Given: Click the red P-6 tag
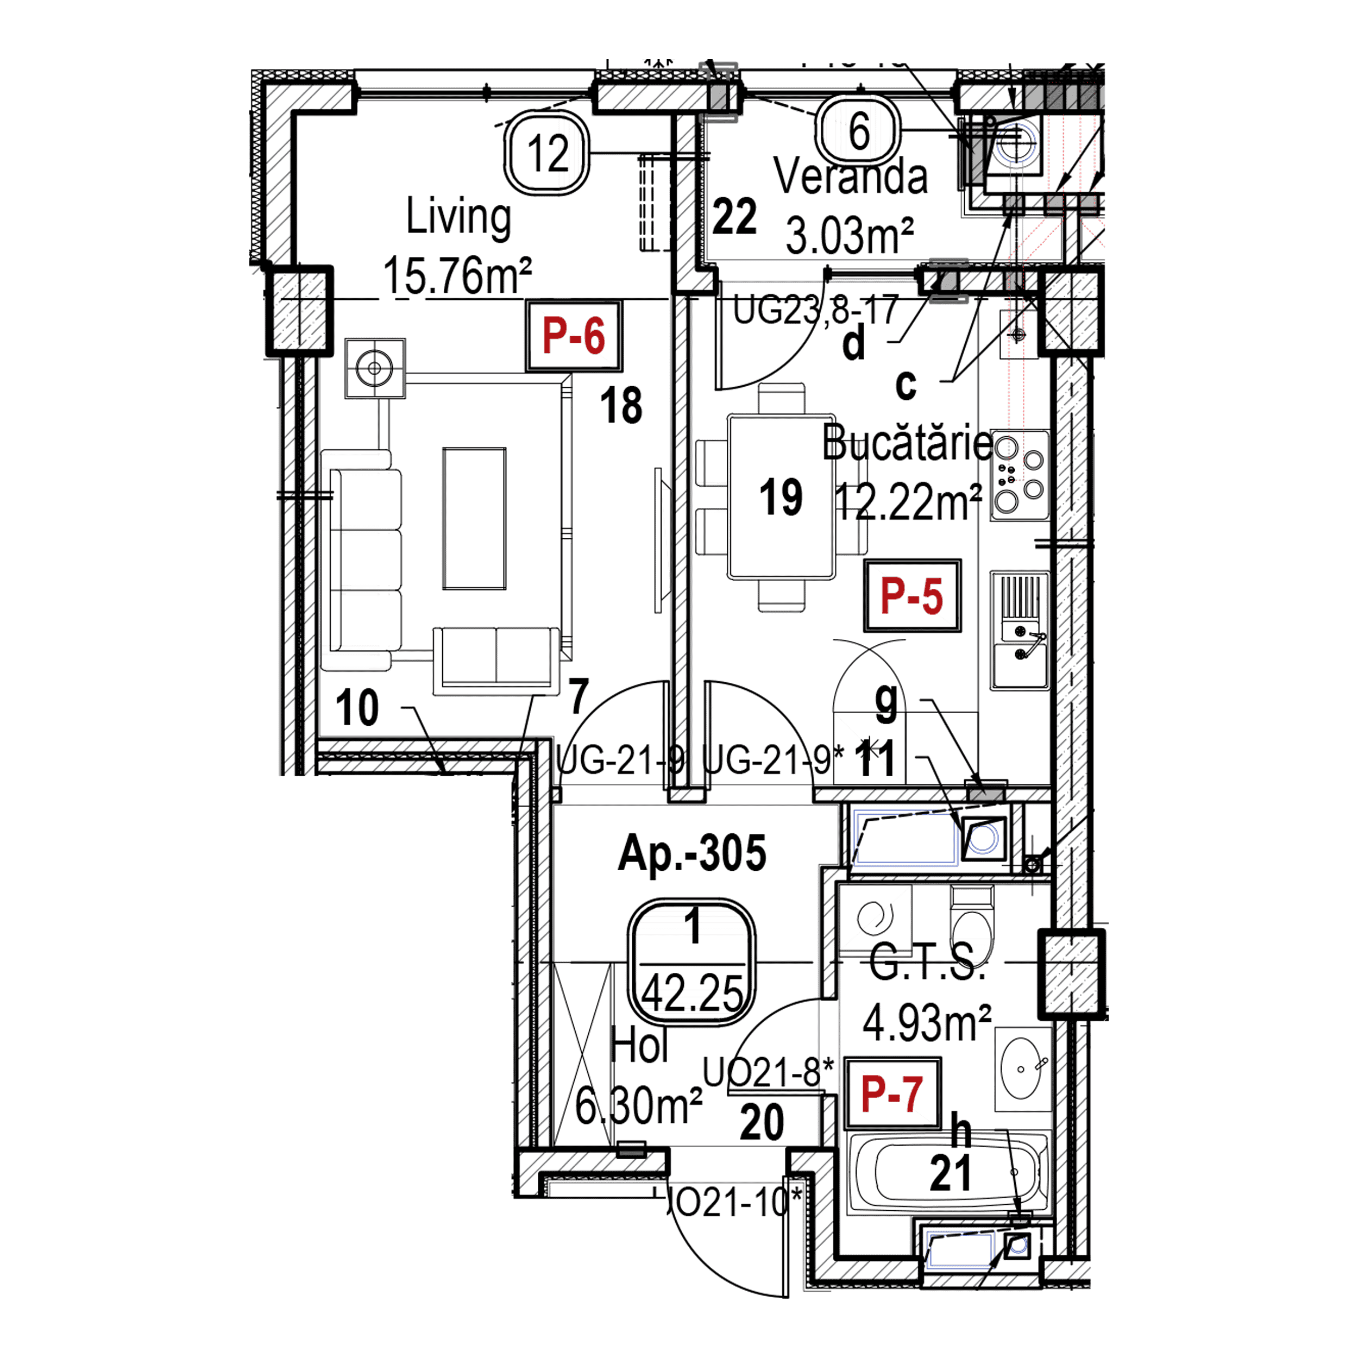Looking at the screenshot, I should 574,337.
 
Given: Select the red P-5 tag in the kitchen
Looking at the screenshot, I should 911,596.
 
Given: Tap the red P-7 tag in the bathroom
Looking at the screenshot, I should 892,1095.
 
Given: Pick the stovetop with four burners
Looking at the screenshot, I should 1019,475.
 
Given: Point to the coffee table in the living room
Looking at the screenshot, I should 473,518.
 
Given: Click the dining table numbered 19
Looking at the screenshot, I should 782,496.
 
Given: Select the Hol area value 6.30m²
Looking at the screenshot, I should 639,1105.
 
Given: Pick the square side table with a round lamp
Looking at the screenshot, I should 375,368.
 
